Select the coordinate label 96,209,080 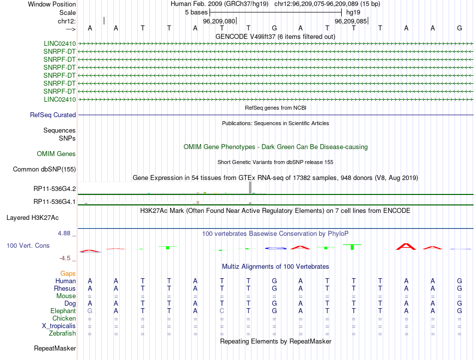(219, 21)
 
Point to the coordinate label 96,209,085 (351, 21)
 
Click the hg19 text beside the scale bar (353, 12)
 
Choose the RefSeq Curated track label (53, 115)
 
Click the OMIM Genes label (56, 154)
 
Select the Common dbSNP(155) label (44, 170)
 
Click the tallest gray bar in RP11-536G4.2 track (250, 187)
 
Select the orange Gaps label (68, 274)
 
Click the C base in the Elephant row (222, 311)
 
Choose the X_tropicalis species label (59, 326)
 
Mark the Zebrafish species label (62, 334)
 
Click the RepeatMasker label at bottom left (54, 348)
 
